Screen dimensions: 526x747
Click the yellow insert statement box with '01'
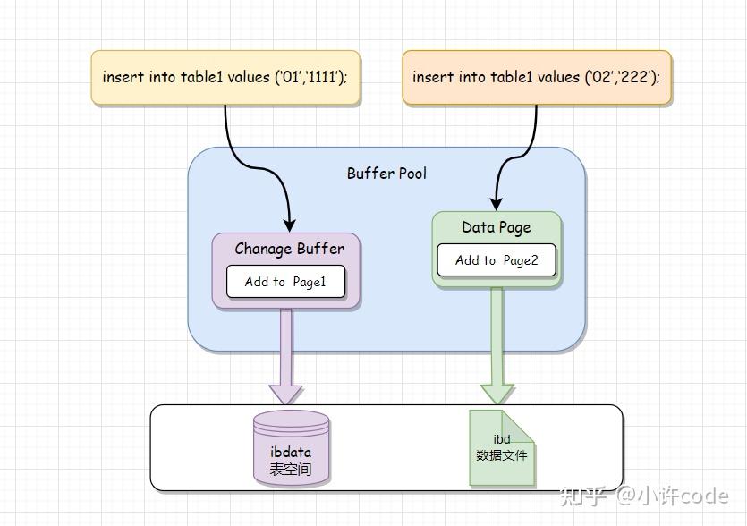pos(225,78)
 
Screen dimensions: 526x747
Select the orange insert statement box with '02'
pos(536,78)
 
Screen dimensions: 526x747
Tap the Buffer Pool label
pos(386,174)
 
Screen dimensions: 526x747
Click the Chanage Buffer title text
pos(289,249)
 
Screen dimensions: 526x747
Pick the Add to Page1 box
pos(285,282)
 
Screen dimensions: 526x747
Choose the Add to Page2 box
pos(497,260)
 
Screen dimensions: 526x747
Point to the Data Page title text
pos(497,227)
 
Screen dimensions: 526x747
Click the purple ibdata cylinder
pos(291,447)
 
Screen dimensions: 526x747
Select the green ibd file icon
pos(502,447)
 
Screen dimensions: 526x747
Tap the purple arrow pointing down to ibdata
pos(286,358)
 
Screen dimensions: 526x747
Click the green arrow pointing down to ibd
pos(497,349)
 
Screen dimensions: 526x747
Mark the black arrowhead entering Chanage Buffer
pos(290,225)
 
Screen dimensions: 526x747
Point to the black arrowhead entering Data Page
pos(497,204)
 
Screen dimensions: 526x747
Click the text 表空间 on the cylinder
pos(291,469)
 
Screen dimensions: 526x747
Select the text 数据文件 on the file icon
pos(502,455)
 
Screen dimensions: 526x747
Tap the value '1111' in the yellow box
pos(323,78)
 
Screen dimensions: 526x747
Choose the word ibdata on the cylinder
pos(291,453)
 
